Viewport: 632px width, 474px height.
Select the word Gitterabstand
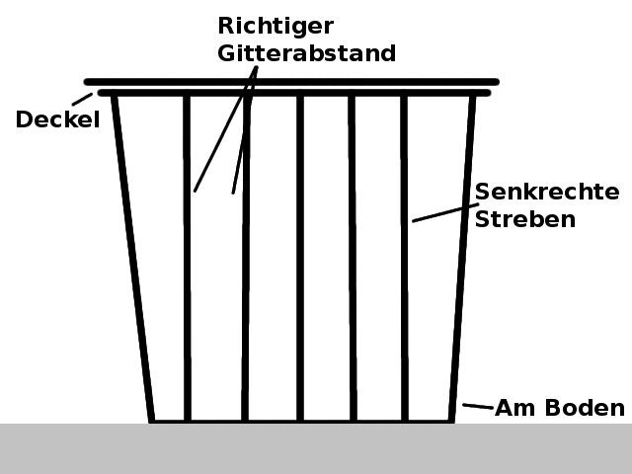[x=306, y=53]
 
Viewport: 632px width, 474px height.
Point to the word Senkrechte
[x=546, y=192]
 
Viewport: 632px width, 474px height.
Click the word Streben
[x=524, y=219]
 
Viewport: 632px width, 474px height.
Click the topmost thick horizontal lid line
[x=291, y=81]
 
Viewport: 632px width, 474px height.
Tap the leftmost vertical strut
[x=187, y=296]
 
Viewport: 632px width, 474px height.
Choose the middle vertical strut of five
[x=300, y=296]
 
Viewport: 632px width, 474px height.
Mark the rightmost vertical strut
[x=404, y=296]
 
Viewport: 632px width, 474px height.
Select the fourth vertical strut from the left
[x=352, y=296]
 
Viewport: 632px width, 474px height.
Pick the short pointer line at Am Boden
[x=478, y=406]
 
